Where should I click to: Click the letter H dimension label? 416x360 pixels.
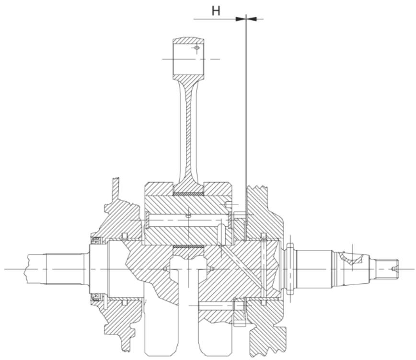(x=216, y=11)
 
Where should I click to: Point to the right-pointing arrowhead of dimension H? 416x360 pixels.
(x=241, y=19)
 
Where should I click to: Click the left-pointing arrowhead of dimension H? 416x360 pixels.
(x=252, y=19)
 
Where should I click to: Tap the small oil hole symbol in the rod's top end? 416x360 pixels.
(x=196, y=48)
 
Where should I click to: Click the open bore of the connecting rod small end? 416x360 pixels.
(x=189, y=59)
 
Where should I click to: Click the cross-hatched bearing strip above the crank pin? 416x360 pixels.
(x=189, y=194)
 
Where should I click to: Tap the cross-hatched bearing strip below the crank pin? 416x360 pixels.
(x=189, y=247)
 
